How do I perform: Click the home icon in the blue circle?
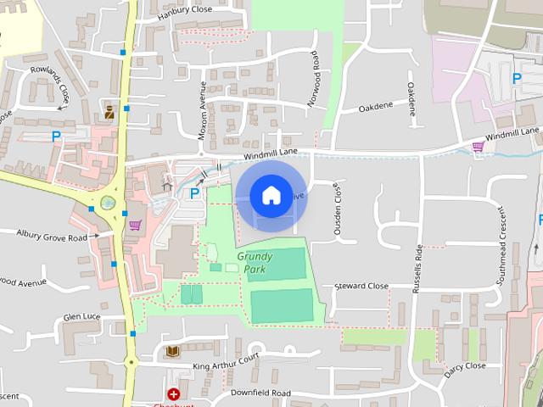(x=271, y=195)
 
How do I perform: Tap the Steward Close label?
(x=361, y=286)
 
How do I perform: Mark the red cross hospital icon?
(x=173, y=394)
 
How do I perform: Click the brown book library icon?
(x=172, y=352)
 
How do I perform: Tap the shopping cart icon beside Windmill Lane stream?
(x=478, y=147)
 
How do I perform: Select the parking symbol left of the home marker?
(x=194, y=193)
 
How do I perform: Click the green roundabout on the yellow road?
(x=107, y=203)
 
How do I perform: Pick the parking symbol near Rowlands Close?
(x=56, y=135)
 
